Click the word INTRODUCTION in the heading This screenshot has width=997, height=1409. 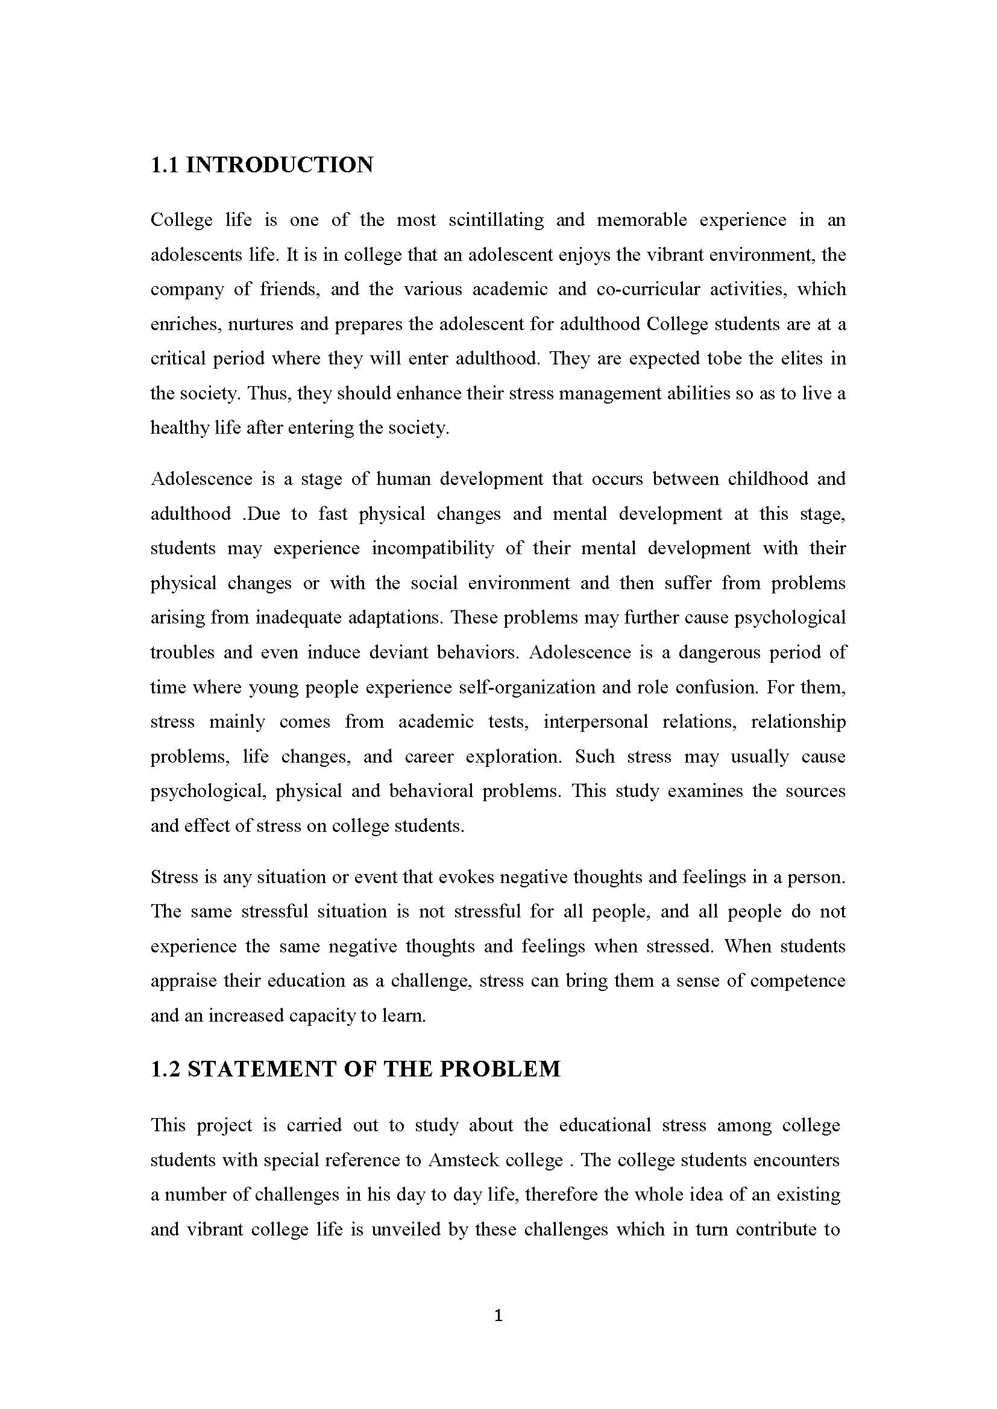pyautogui.click(x=279, y=165)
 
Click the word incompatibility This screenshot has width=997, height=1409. pyautogui.click(x=433, y=548)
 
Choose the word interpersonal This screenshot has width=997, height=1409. pyautogui.click(x=596, y=721)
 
